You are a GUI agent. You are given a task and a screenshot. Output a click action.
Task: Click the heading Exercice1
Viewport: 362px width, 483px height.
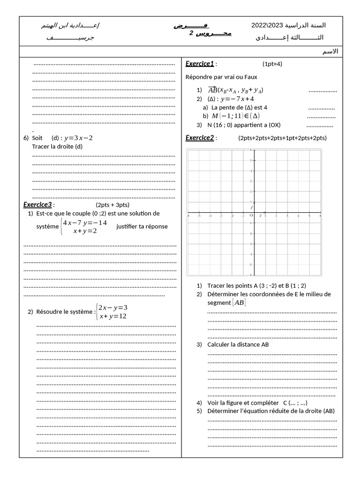pos(200,64)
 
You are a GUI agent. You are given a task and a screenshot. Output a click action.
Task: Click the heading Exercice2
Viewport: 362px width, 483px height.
pos(200,138)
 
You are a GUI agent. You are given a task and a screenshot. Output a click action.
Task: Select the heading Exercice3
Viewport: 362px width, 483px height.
pos(38,205)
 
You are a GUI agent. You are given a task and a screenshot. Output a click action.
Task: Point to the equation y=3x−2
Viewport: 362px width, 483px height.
pos(79,138)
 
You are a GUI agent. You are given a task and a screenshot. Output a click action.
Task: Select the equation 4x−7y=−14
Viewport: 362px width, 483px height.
pos(85,223)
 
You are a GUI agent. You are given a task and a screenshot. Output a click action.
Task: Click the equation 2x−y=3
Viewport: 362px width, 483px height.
pos(113,308)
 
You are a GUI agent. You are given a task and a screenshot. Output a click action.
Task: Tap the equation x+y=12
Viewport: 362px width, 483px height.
pos(113,316)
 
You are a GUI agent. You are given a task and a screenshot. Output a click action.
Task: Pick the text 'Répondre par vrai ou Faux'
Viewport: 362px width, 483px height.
pos(222,77)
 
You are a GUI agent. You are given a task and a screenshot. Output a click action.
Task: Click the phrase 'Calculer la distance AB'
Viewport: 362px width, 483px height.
pos(238,344)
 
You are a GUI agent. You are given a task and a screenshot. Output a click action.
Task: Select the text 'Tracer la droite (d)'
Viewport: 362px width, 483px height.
pos(57,146)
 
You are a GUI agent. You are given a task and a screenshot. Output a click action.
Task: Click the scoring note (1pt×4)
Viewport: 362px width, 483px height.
pos(272,64)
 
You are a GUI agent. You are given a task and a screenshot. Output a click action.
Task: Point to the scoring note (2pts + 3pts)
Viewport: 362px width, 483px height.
pos(113,205)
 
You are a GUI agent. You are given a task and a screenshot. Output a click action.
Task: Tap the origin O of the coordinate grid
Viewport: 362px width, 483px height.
pos(251,216)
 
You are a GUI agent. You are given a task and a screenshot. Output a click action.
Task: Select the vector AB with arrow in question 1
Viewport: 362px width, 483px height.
pos(213,90)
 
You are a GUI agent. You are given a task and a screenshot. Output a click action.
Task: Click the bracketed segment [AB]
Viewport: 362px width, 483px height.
pos(239,303)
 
